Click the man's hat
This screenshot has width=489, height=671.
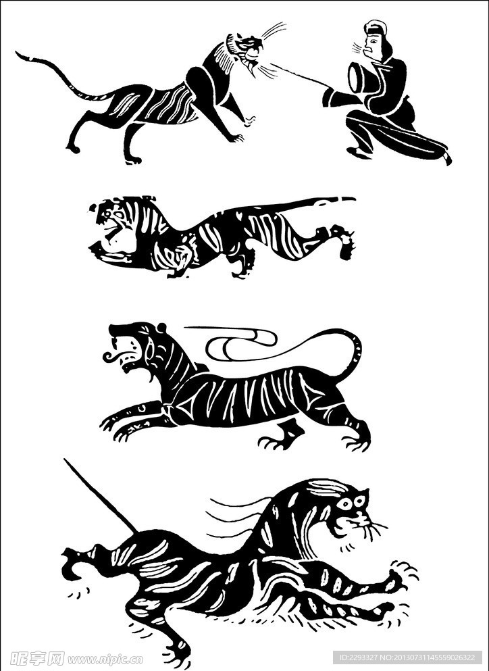click(376, 27)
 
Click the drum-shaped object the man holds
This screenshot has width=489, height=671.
click(360, 77)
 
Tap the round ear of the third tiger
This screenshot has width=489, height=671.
click(161, 328)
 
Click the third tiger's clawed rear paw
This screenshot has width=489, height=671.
click(356, 441)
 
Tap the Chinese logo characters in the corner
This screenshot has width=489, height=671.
click(37, 658)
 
